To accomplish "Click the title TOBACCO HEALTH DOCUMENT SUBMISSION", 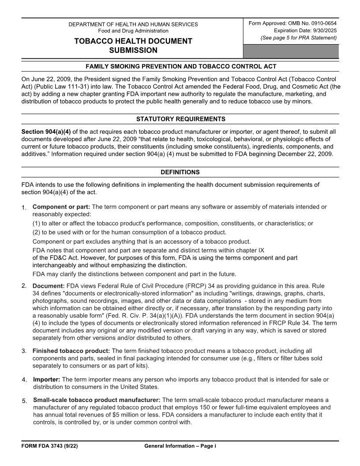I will point(133,45).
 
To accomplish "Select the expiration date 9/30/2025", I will point(324,30).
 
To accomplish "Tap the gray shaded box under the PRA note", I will point(291,51).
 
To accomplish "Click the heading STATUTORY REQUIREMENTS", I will point(180,119).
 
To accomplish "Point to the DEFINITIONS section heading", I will point(180,172).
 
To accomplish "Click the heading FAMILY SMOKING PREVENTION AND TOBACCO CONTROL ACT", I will point(180,67).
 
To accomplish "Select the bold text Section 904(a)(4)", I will point(46,132).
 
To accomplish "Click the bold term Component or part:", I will point(61,207).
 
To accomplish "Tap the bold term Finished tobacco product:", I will point(71,351).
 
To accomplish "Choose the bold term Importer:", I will point(47,380).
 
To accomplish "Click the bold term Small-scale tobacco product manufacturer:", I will point(97,400).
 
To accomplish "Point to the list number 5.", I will point(24,401).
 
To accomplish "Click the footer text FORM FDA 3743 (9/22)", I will point(50,446).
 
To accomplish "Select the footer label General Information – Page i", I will point(180,446).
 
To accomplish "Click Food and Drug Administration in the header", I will point(133,31).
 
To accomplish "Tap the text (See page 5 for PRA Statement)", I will point(299,38).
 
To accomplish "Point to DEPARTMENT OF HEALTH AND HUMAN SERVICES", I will point(133,24).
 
